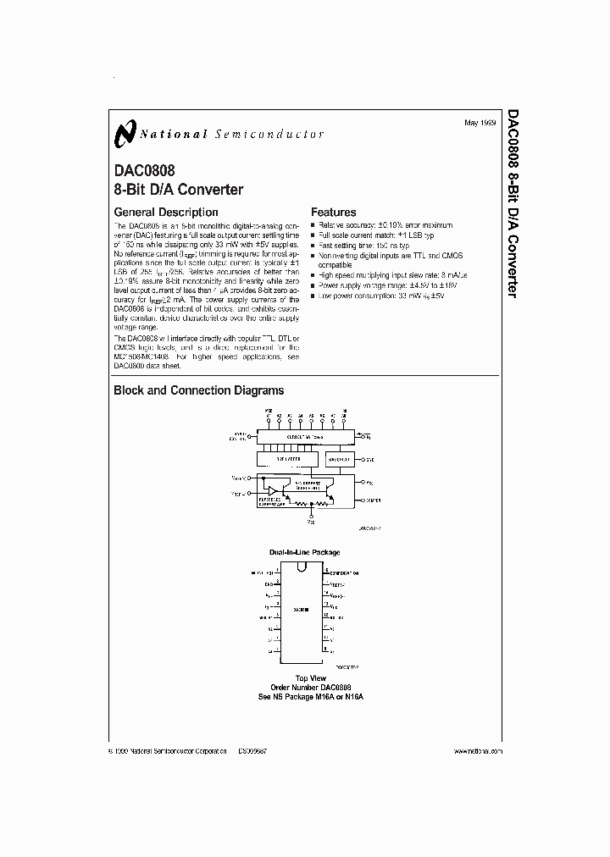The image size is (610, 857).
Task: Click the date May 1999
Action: pyautogui.click(x=480, y=124)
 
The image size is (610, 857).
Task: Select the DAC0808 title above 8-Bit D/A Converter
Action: pyautogui.click(x=145, y=171)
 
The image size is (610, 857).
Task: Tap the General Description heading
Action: pyautogui.click(x=166, y=213)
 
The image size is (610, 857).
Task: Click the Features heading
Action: pyautogui.click(x=334, y=213)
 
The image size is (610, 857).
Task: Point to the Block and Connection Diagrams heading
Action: pyautogui.click(x=199, y=391)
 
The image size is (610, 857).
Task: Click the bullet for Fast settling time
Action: pyautogui.click(x=313, y=244)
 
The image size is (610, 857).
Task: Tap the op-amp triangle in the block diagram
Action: pyautogui.click(x=274, y=490)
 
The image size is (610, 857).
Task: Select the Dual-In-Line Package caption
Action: pyautogui.click(x=305, y=552)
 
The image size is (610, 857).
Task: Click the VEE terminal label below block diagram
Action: pyautogui.click(x=310, y=522)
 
